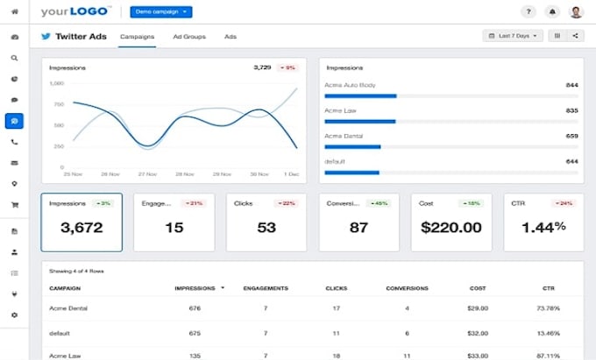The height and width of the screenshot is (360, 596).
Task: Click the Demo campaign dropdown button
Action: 160,12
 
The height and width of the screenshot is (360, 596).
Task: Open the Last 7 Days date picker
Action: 513,36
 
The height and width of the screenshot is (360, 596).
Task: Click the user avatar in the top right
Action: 576,12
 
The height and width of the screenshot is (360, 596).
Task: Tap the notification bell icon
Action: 552,12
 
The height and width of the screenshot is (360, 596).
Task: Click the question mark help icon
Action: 528,12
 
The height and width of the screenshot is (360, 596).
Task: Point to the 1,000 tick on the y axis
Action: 56,83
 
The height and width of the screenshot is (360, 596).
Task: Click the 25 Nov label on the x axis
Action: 71,173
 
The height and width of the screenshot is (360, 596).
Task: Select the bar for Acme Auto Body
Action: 360,95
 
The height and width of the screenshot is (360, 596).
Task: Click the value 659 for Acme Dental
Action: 571,136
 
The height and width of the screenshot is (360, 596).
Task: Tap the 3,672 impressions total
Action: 81,227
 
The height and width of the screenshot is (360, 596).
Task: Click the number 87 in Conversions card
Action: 358,227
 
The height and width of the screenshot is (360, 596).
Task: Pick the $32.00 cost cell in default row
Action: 478,333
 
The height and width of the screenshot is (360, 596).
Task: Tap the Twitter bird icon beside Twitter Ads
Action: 46,36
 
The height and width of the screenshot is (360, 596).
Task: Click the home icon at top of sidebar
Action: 14,11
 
